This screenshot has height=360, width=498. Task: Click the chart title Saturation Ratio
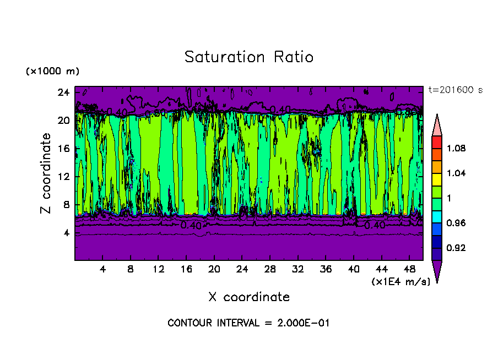[x=249, y=57]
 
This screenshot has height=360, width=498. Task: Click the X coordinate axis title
[x=249, y=297]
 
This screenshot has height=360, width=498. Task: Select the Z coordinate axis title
[x=46, y=173]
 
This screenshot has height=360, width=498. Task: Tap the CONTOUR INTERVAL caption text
[x=248, y=323]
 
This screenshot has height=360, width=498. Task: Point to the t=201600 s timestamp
[x=455, y=90]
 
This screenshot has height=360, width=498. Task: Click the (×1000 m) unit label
[x=53, y=72]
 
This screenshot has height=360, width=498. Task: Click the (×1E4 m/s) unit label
[x=397, y=281]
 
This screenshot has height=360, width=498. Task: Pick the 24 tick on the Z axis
[x=64, y=92]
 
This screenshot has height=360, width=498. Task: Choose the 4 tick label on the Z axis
[x=67, y=233]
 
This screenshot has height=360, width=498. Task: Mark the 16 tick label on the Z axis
[x=64, y=149]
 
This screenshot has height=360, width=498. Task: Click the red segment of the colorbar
[x=437, y=142]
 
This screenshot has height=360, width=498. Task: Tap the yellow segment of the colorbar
[x=437, y=179]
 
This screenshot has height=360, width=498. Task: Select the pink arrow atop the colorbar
[x=437, y=125]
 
